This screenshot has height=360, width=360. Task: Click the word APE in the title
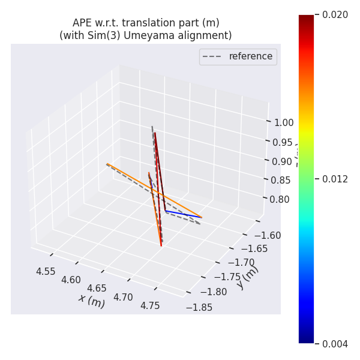coord(82,23)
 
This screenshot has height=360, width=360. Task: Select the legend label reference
coord(250,56)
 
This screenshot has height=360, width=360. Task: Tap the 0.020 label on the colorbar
coord(335,15)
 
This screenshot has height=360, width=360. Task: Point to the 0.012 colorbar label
coord(335,179)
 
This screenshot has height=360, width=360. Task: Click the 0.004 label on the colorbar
coord(335,344)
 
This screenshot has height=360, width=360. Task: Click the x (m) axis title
coord(91,300)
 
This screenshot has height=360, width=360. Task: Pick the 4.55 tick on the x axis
coord(46,271)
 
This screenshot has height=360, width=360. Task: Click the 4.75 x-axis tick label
coord(150,305)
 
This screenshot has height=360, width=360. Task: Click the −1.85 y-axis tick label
coord(199,307)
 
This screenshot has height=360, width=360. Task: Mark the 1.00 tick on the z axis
coord(283,122)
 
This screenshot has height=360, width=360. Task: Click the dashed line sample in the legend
coord(212,56)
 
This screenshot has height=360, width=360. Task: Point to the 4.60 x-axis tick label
coord(71,280)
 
